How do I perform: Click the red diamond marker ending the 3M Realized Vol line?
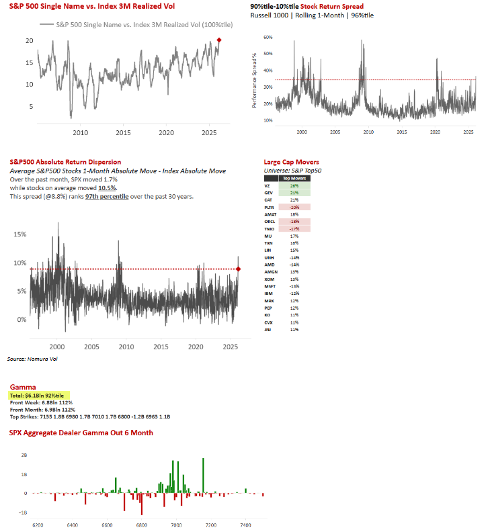[x=219, y=40]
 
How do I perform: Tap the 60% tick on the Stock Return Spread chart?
[x=268, y=38]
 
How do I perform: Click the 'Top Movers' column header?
[x=294, y=179]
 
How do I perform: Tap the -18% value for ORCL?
[x=294, y=221]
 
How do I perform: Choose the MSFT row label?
[x=270, y=286]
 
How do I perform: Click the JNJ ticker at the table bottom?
[x=269, y=329]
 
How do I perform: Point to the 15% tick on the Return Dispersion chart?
[x=20, y=234]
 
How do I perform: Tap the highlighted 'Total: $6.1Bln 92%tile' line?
[x=41, y=396]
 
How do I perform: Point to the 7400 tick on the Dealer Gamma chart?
[x=246, y=524]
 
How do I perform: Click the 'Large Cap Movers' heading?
[x=292, y=162]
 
